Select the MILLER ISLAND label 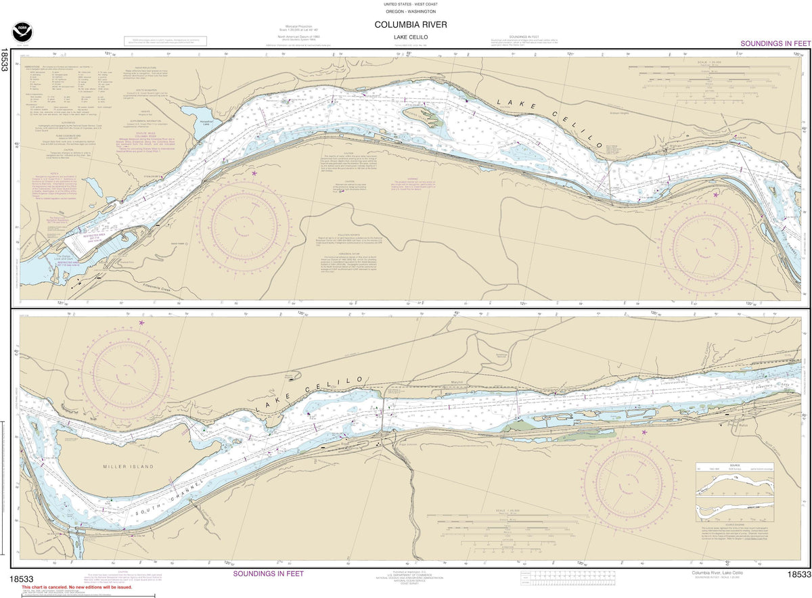(129, 467)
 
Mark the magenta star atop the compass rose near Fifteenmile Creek (254, 174)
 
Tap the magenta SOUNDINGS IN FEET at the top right (774, 43)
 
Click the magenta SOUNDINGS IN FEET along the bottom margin (268, 574)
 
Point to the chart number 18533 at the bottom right (799, 575)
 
